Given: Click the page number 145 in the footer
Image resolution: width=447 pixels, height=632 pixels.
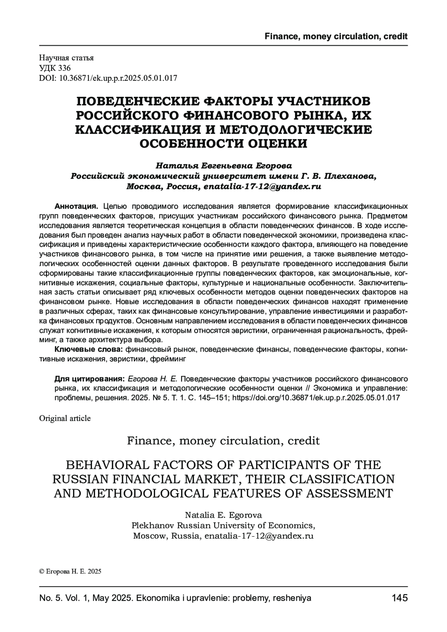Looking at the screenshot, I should [x=399, y=598].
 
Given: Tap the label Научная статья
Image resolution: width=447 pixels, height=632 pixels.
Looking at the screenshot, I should [x=66, y=58].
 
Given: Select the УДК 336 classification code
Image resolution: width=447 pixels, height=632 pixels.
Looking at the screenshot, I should [x=55, y=68].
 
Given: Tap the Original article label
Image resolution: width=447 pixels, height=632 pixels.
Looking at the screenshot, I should [x=65, y=418].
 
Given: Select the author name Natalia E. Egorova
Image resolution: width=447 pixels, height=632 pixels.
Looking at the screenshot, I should [x=223, y=515].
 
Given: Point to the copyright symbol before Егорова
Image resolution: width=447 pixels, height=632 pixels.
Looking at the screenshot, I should [x=41, y=572].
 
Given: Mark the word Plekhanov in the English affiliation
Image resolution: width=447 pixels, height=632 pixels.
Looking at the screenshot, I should [x=153, y=526].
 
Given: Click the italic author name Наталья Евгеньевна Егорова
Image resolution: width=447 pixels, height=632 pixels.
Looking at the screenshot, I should [x=223, y=165].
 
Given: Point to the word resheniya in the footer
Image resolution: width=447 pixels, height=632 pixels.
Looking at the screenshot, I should [x=292, y=598].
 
